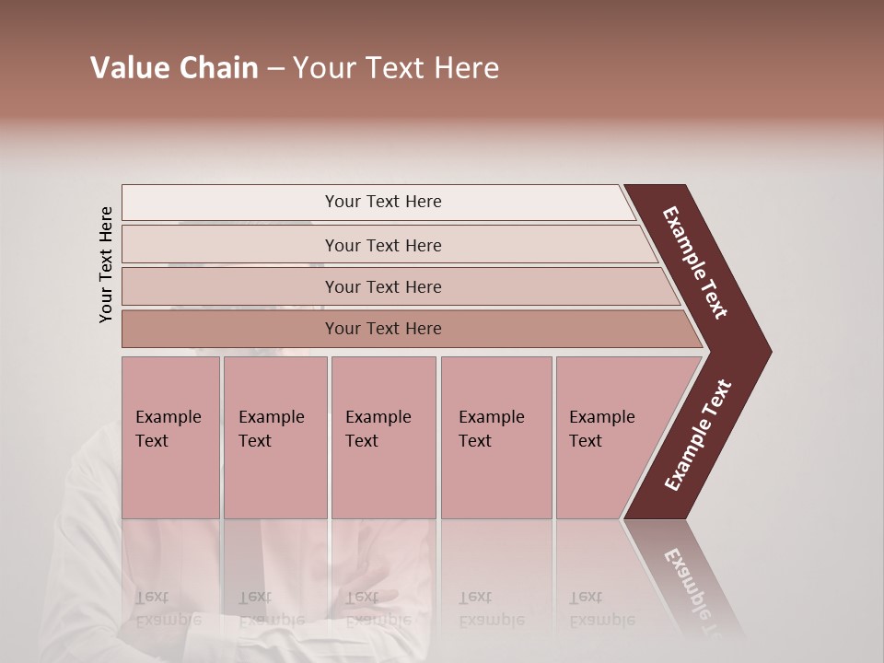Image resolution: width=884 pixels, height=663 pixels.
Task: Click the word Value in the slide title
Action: (128, 68)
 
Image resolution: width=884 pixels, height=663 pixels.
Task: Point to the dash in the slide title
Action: (275, 69)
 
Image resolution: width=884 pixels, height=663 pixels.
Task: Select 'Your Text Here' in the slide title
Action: (396, 68)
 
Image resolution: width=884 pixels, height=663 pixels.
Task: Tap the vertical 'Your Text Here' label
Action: (106, 264)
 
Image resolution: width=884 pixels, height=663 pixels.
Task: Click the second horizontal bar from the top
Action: (382, 245)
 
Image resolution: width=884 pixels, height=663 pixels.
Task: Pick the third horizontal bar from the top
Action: (382, 286)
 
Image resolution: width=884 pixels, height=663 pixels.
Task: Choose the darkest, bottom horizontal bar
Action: (382, 329)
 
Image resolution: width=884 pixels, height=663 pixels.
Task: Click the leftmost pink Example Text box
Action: (170, 436)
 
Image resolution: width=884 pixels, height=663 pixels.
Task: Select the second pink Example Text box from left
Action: (274, 436)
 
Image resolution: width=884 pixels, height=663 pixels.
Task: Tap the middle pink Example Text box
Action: (383, 436)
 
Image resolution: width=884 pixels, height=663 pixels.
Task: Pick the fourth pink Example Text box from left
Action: (496, 436)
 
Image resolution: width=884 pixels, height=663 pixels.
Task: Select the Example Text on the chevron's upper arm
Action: (695, 262)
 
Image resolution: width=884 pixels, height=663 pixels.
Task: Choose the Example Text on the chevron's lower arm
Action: (699, 436)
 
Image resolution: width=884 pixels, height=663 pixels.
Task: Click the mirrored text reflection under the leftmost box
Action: (169, 609)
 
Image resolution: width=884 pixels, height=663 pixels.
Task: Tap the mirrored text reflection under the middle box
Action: (378, 609)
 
